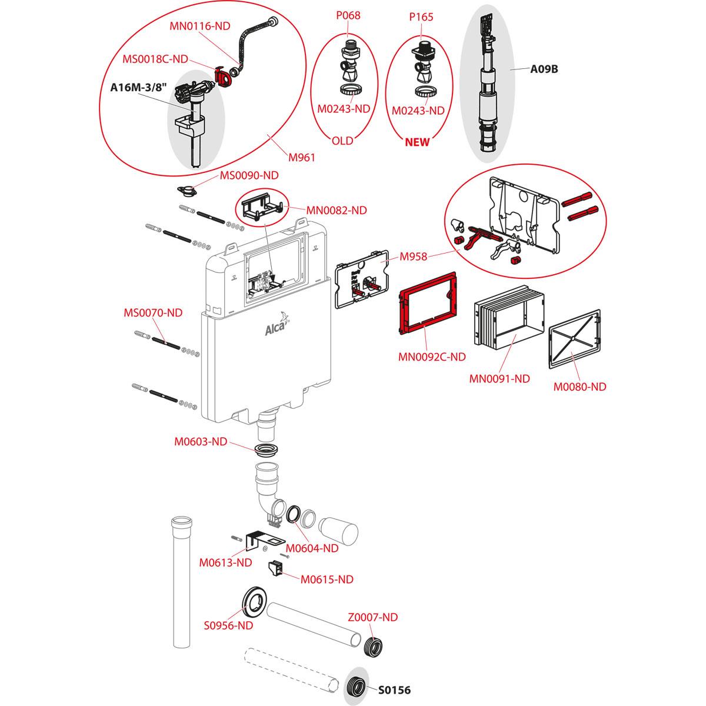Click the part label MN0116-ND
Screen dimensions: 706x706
[x=199, y=25]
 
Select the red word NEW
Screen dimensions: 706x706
[x=417, y=142]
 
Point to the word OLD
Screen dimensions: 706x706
[x=342, y=141]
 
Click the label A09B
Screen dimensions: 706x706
[x=544, y=69]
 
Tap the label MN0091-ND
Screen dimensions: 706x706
[x=499, y=378]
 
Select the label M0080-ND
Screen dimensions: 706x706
[x=580, y=387]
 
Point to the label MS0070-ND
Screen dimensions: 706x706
[x=152, y=313]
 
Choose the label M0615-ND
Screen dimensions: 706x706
[x=327, y=580]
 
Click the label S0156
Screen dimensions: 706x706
[x=394, y=690]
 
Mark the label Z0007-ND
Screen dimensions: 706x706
[x=372, y=617]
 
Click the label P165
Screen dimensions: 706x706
[x=422, y=17]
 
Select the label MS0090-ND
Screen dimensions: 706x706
[x=249, y=175]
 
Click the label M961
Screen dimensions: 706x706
[x=302, y=157]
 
